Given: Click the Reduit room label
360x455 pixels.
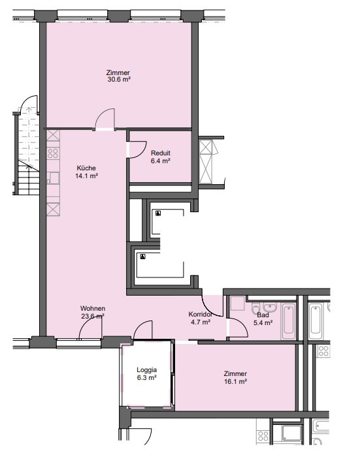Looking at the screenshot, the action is click(x=161, y=153).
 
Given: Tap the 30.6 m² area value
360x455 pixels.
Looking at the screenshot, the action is click(x=119, y=79).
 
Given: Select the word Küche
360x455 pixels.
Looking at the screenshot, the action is click(x=86, y=168).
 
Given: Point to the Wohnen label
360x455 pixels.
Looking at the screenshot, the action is click(x=93, y=309).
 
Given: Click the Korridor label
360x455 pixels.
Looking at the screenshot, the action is click(x=201, y=314).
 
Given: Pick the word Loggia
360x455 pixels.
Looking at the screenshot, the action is click(x=147, y=370).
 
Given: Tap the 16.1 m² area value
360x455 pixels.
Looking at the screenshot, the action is click(x=235, y=382).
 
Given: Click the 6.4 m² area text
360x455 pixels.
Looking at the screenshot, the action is click(x=161, y=161).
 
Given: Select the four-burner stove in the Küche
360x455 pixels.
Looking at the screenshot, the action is click(x=53, y=153).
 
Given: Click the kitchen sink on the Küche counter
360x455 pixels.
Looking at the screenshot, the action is click(x=53, y=178).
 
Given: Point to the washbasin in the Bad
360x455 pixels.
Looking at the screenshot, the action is click(x=270, y=307).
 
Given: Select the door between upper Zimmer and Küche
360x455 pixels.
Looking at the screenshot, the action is click(x=105, y=119).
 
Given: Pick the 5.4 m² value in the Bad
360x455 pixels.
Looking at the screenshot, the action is click(x=263, y=322).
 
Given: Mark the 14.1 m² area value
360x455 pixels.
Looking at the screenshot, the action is click(x=86, y=176).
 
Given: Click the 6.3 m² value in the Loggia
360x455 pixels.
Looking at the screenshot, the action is click(x=147, y=378).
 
